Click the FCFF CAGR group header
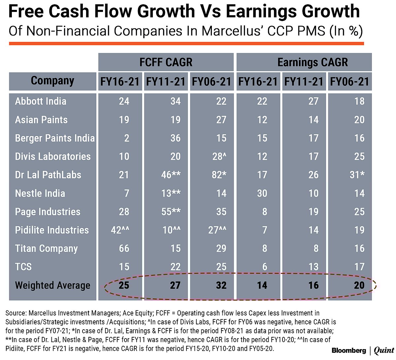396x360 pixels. tap(166, 62)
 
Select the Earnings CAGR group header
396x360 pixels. tap(312, 62)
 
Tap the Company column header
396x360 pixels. tap(52, 81)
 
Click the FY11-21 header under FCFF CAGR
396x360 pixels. tap(166, 82)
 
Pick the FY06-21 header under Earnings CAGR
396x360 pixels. tap(349, 82)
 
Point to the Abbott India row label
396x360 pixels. tap(41, 101)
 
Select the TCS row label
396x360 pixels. tap(23, 267)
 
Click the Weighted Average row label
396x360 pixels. tap(52, 285)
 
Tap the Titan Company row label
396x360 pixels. tap(46, 248)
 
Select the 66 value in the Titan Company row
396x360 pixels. tap(124, 248)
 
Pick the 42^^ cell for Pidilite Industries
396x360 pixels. tap(120, 230)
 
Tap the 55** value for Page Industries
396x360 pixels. tap(171, 212)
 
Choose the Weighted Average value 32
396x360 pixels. tap(221, 285)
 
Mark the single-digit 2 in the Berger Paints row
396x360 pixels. tap(126, 138)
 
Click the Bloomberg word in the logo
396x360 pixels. tap(349, 350)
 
